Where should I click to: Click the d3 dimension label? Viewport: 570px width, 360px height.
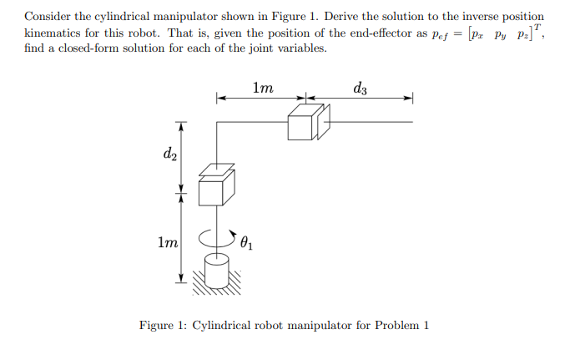pos(360,87)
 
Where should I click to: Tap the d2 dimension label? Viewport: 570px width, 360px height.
pos(169,153)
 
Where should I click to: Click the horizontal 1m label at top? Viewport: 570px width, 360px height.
pos(261,86)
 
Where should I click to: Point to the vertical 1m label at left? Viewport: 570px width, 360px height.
pos(168,243)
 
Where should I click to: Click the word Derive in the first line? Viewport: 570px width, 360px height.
pos(374,16)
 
